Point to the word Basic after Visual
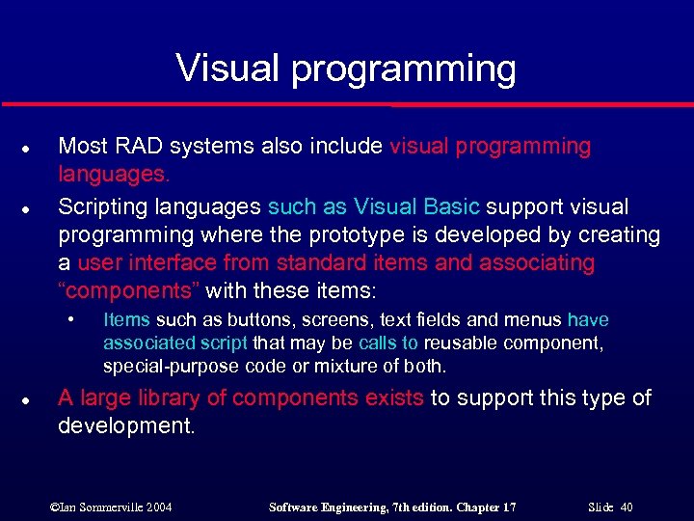click(x=452, y=206)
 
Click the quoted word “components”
click(x=129, y=290)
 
